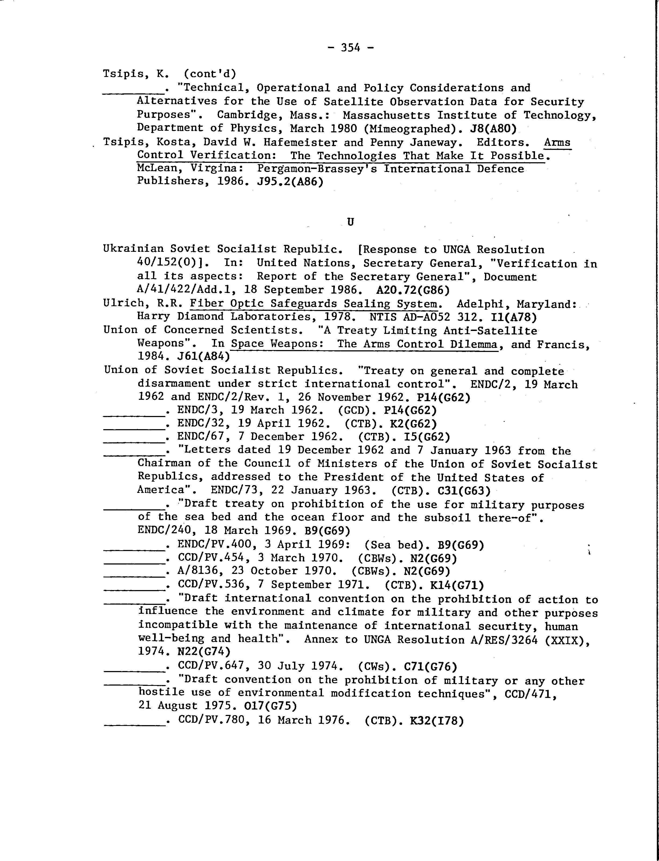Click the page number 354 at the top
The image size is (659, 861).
pos(350,48)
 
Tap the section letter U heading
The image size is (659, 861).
pos(350,222)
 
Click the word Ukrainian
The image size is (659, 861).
pos(133,249)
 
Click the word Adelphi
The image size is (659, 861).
pos(480,304)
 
